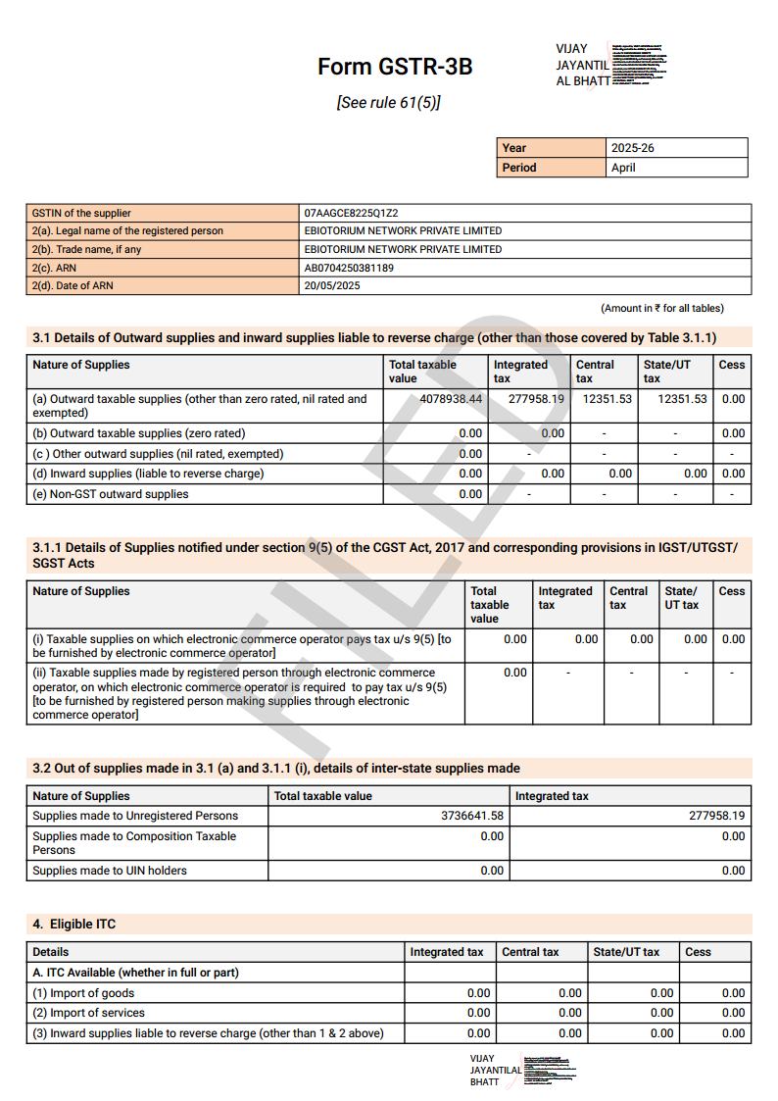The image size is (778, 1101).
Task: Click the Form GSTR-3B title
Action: pyautogui.click(x=395, y=67)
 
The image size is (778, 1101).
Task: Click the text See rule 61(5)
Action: pyautogui.click(x=388, y=102)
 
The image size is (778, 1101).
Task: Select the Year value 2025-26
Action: pyautogui.click(x=632, y=148)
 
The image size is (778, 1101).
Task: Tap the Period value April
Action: pyautogui.click(x=623, y=168)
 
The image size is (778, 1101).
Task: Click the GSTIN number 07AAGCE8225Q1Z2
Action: pyautogui.click(x=351, y=213)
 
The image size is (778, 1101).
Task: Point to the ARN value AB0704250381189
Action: pyautogui.click(x=349, y=268)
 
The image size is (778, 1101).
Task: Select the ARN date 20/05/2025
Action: pyautogui.click(x=332, y=286)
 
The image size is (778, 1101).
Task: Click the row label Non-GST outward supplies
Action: pyautogui.click(x=110, y=494)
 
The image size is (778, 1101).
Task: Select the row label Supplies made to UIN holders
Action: pyautogui.click(x=109, y=871)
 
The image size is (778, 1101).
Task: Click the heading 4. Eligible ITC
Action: pyautogui.click(x=74, y=925)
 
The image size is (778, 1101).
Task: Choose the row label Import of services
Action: pyautogui.click(x=88, y=1013)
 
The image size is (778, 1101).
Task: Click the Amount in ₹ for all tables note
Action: pyautogui.click(x=662, y=308)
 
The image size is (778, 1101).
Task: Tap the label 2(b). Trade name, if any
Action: pyautogui.click(x=86, y=249)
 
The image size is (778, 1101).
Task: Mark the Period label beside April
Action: pyautogui.click(x=519, y=168)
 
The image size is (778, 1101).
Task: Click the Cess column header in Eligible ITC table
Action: pyautogui.click(x=699, y=952)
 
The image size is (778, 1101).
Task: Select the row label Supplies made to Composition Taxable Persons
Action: pyautogui.click(x=134, y=843)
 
